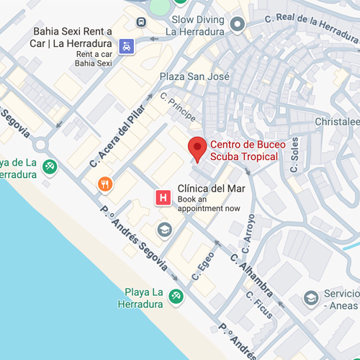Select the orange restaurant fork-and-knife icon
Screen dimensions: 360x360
click(106, 184)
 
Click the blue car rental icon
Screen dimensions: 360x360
click(127, 46)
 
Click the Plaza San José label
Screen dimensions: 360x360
click(194, 77)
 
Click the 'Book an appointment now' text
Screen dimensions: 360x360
click(209, 204)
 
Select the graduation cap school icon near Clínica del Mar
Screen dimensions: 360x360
click(164, 230)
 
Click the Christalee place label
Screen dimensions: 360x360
click(337, 122)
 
